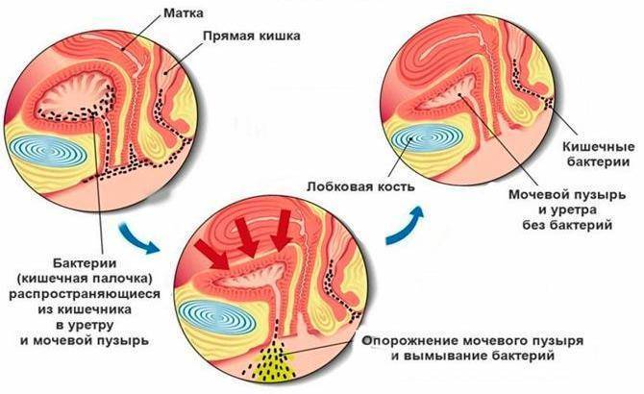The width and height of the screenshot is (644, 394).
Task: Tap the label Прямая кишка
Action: (x=252, y=36)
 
